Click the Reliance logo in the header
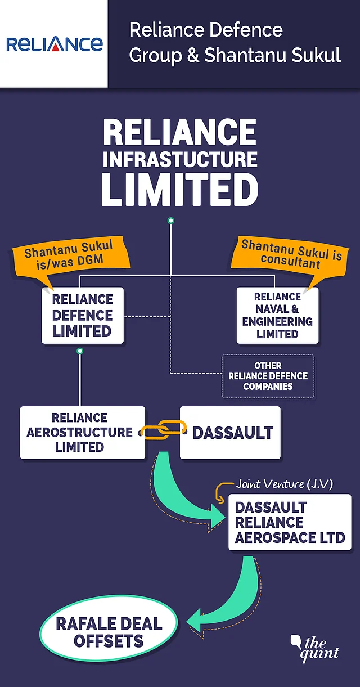tap(54, 44)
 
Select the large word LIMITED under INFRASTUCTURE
tap(179, 189)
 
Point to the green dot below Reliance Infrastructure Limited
tap(171, 221)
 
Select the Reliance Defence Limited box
tap(83, 315)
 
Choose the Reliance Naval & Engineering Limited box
tap(277, 315)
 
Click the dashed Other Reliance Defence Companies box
tap(268, 376)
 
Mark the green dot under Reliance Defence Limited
tap(80, 351)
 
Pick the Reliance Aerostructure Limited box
tap(83, 433)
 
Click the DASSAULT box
tap(230, 433)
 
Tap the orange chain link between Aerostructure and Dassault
tap(163, 429)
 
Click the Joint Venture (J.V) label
tap(284, 484)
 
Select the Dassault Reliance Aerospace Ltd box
tap(290, 522)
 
